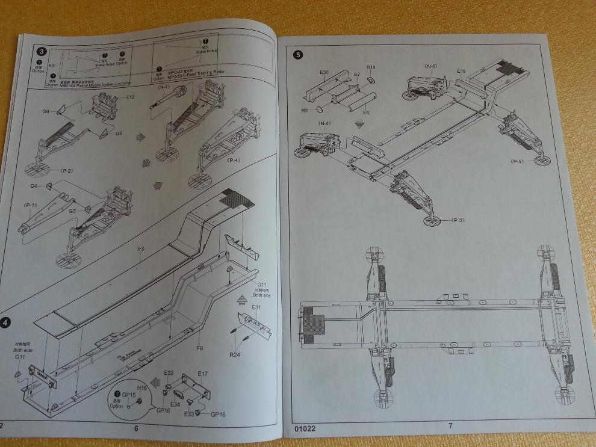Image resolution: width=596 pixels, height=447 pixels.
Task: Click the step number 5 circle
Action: [x=297, y=55]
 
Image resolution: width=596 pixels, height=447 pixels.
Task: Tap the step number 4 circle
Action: [x=5, y=322]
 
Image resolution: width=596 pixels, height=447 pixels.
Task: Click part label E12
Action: [x=130, y=96]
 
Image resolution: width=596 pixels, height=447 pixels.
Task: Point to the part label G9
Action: [x=119, y=133]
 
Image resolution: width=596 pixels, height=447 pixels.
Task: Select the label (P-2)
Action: [x=63, y=171]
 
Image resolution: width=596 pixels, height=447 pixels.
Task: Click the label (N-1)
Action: [x=164, y=88]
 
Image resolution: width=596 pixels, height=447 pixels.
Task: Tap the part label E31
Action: [x=256, y=307]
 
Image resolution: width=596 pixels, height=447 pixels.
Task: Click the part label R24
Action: [x=235, y=354]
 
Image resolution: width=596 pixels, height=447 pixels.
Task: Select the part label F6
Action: [x=200, y=347]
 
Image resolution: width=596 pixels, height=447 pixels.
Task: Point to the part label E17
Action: [x=203, y=374]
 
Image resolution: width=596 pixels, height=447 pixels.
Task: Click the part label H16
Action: [x=142, y=389]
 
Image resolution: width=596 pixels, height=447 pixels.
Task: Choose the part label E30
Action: [x=324, y=72]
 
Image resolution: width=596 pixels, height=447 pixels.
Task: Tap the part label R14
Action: [x=371, y=67]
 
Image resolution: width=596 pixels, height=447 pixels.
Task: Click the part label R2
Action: [x=305, y=111]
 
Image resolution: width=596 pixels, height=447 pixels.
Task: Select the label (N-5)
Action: [x=430, y=66]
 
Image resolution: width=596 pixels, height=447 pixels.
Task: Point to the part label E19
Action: [x=461, y=71]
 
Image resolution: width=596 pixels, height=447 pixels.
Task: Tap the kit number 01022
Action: [x=305, y=429]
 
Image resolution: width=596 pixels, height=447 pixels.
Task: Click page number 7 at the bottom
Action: [x=450, y=426]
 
